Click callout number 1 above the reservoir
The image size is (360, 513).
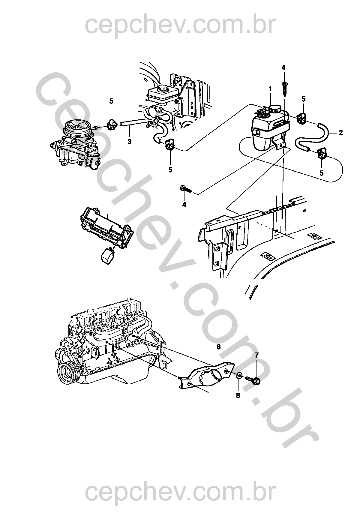pos(270,89)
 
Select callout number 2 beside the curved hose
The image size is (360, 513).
pos(340,132)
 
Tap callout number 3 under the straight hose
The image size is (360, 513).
pos(130,141)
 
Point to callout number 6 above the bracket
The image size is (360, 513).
pos(219,347)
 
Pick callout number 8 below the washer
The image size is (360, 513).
pos(238,395)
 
